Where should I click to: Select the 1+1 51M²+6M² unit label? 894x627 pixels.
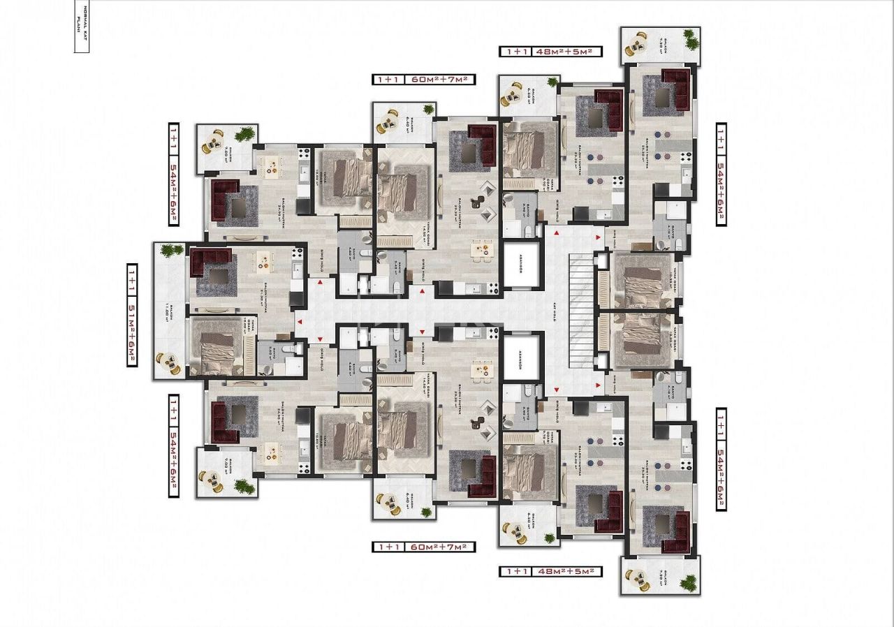tap(131, 315)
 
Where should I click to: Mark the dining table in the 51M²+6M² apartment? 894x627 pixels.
tap(265, 260)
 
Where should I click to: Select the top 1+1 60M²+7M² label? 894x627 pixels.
tap(423, 80)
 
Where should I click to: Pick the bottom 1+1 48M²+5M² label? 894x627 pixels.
tap(551, 571)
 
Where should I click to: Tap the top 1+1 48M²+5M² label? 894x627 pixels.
tap(551, 51)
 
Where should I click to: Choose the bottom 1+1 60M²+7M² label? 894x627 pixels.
tap(423, 547)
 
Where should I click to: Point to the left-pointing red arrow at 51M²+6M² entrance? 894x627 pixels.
tap(300, 322)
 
